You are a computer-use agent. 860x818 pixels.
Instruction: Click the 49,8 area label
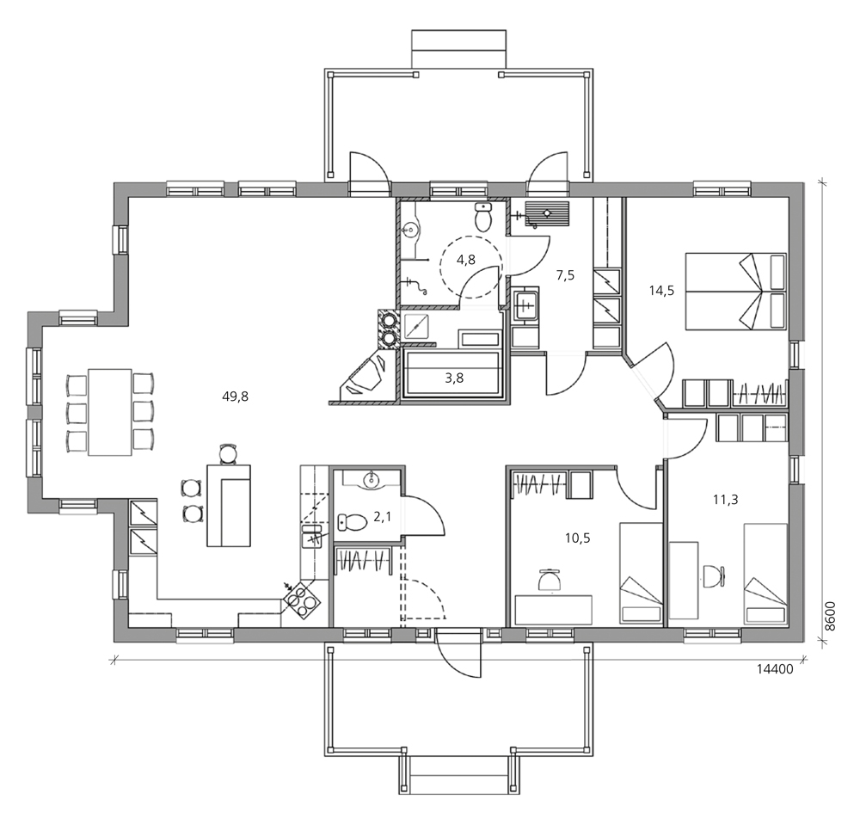pos(236,397)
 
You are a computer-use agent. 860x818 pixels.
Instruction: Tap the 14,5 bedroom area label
pos(661,291)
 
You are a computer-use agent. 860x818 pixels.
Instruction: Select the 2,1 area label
pos(383,516)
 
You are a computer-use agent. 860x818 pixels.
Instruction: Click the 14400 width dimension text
pos(775,669)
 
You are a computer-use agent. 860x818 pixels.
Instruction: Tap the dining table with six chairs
pos(110,412)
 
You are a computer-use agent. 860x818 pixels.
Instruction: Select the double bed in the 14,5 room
pos(735,292)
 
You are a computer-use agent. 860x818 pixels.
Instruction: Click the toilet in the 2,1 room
pos(352,522)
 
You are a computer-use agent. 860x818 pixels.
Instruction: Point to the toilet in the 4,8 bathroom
pos(482,216)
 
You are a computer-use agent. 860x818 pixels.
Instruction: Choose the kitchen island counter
pos(229,506)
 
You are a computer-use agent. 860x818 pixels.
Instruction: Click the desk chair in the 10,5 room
pos(550,580)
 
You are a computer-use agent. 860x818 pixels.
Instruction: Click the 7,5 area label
pos(566,275)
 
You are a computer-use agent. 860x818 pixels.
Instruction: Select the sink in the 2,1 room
pos(372,478)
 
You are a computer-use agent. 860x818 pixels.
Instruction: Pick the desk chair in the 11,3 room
pos(714,575)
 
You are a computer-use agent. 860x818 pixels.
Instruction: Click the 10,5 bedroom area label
pos(578,538)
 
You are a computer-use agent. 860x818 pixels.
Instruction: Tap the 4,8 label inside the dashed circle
pos(466,260)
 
